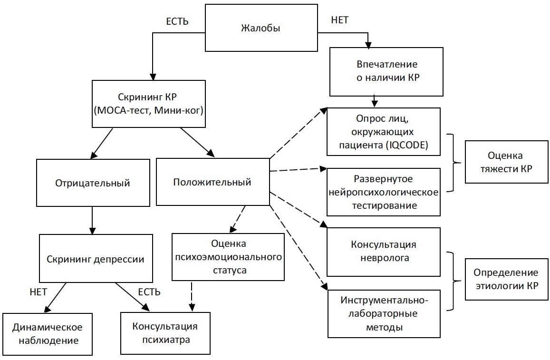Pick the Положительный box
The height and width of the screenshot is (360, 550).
pos(212,182)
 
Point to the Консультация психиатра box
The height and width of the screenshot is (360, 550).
pos(165,334)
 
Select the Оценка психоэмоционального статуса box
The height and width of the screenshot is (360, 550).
pos(228,257)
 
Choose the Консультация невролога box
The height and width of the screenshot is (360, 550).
pos(384,251)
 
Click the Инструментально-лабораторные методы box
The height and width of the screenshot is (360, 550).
pos(384,314)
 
